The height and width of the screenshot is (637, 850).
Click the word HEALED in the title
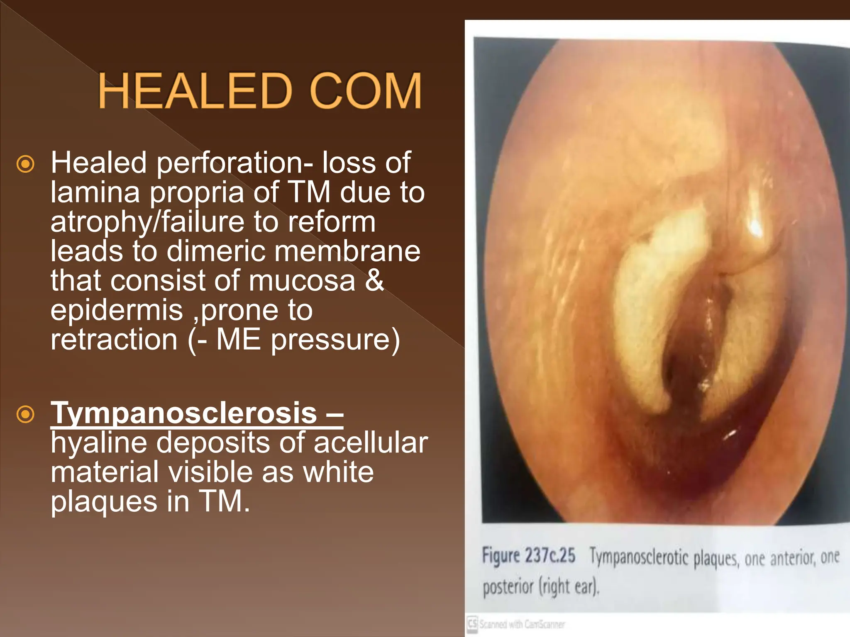[195, 91]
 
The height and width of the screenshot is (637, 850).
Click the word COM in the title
[366, 91]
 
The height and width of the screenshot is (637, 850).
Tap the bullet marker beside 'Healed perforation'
[25, 164]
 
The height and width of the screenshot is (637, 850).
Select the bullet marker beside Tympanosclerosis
[25, 414]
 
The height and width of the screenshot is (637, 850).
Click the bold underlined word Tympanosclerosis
[184, 413]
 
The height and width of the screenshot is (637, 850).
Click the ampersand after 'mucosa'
[374, 281]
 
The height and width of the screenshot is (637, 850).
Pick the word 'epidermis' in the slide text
[117, 311]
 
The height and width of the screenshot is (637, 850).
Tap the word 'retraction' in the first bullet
[114, 340]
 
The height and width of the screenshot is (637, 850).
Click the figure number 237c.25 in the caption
[550, 555]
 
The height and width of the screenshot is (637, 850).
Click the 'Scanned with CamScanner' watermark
[517, 624]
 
